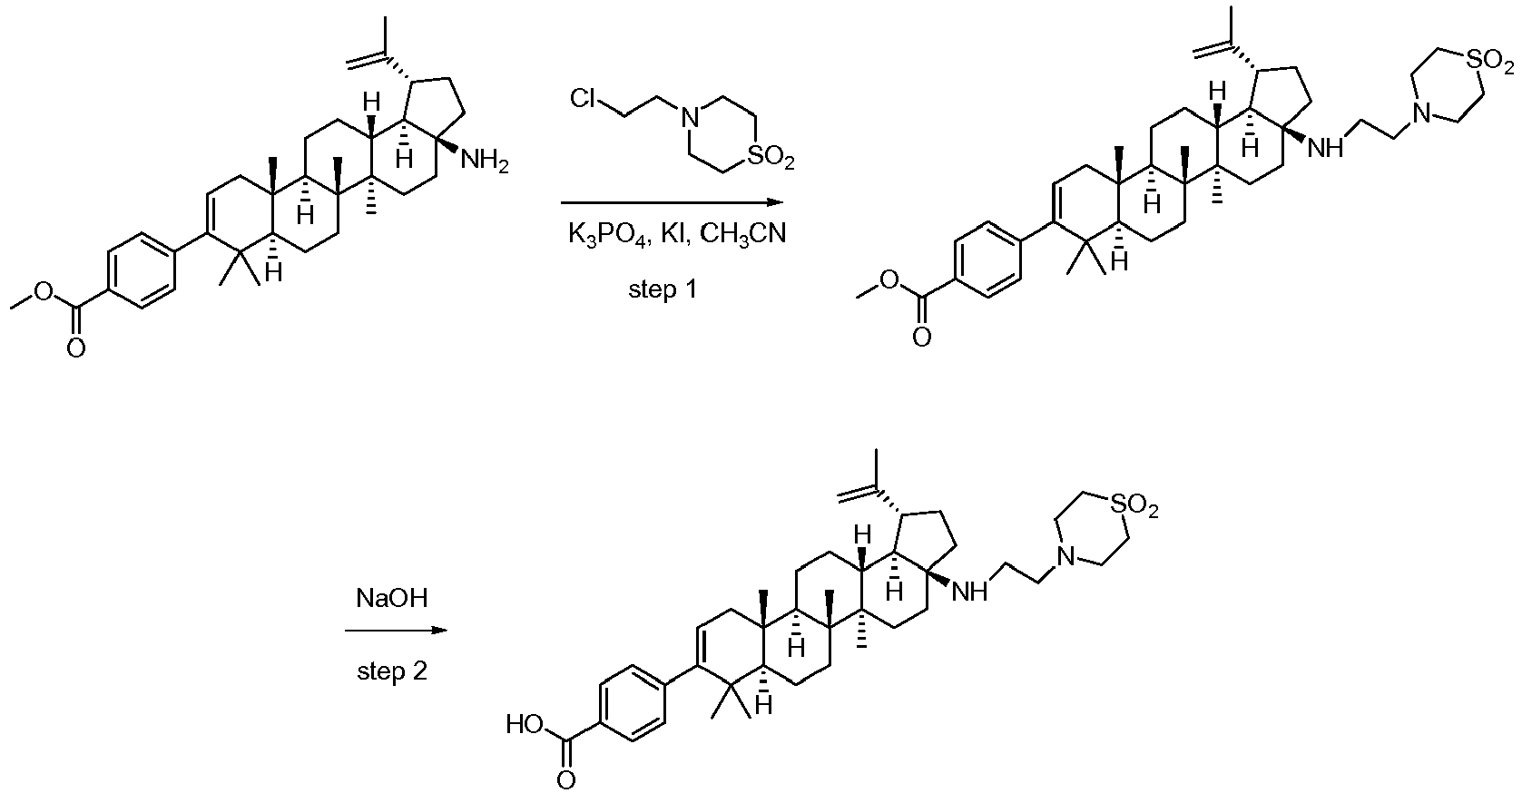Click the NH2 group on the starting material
coord(485,162)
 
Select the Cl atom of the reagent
coord(582,99)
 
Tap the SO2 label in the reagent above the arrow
coord(769,159)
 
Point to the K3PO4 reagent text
coord(606,234)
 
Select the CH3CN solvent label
coord(742,234)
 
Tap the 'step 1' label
coord(663,289)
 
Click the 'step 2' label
coord(392,671)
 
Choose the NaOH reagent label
coord(392,599)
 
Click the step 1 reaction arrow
coord(672,201)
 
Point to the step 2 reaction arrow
coord(396,630)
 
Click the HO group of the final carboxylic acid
coord(525,725)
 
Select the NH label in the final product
coord(969,592)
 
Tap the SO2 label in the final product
coord(1133,504)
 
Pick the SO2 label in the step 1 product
coord(1489,62)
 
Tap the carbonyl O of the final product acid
coord(566,778)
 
